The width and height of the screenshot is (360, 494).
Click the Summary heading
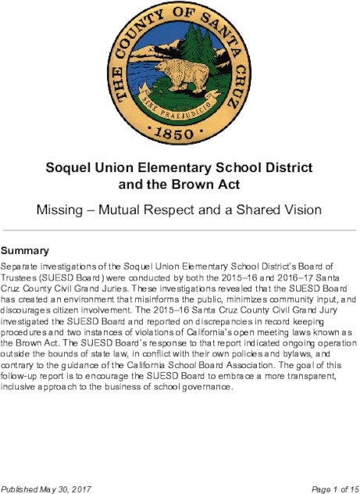(x=26, y=252)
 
